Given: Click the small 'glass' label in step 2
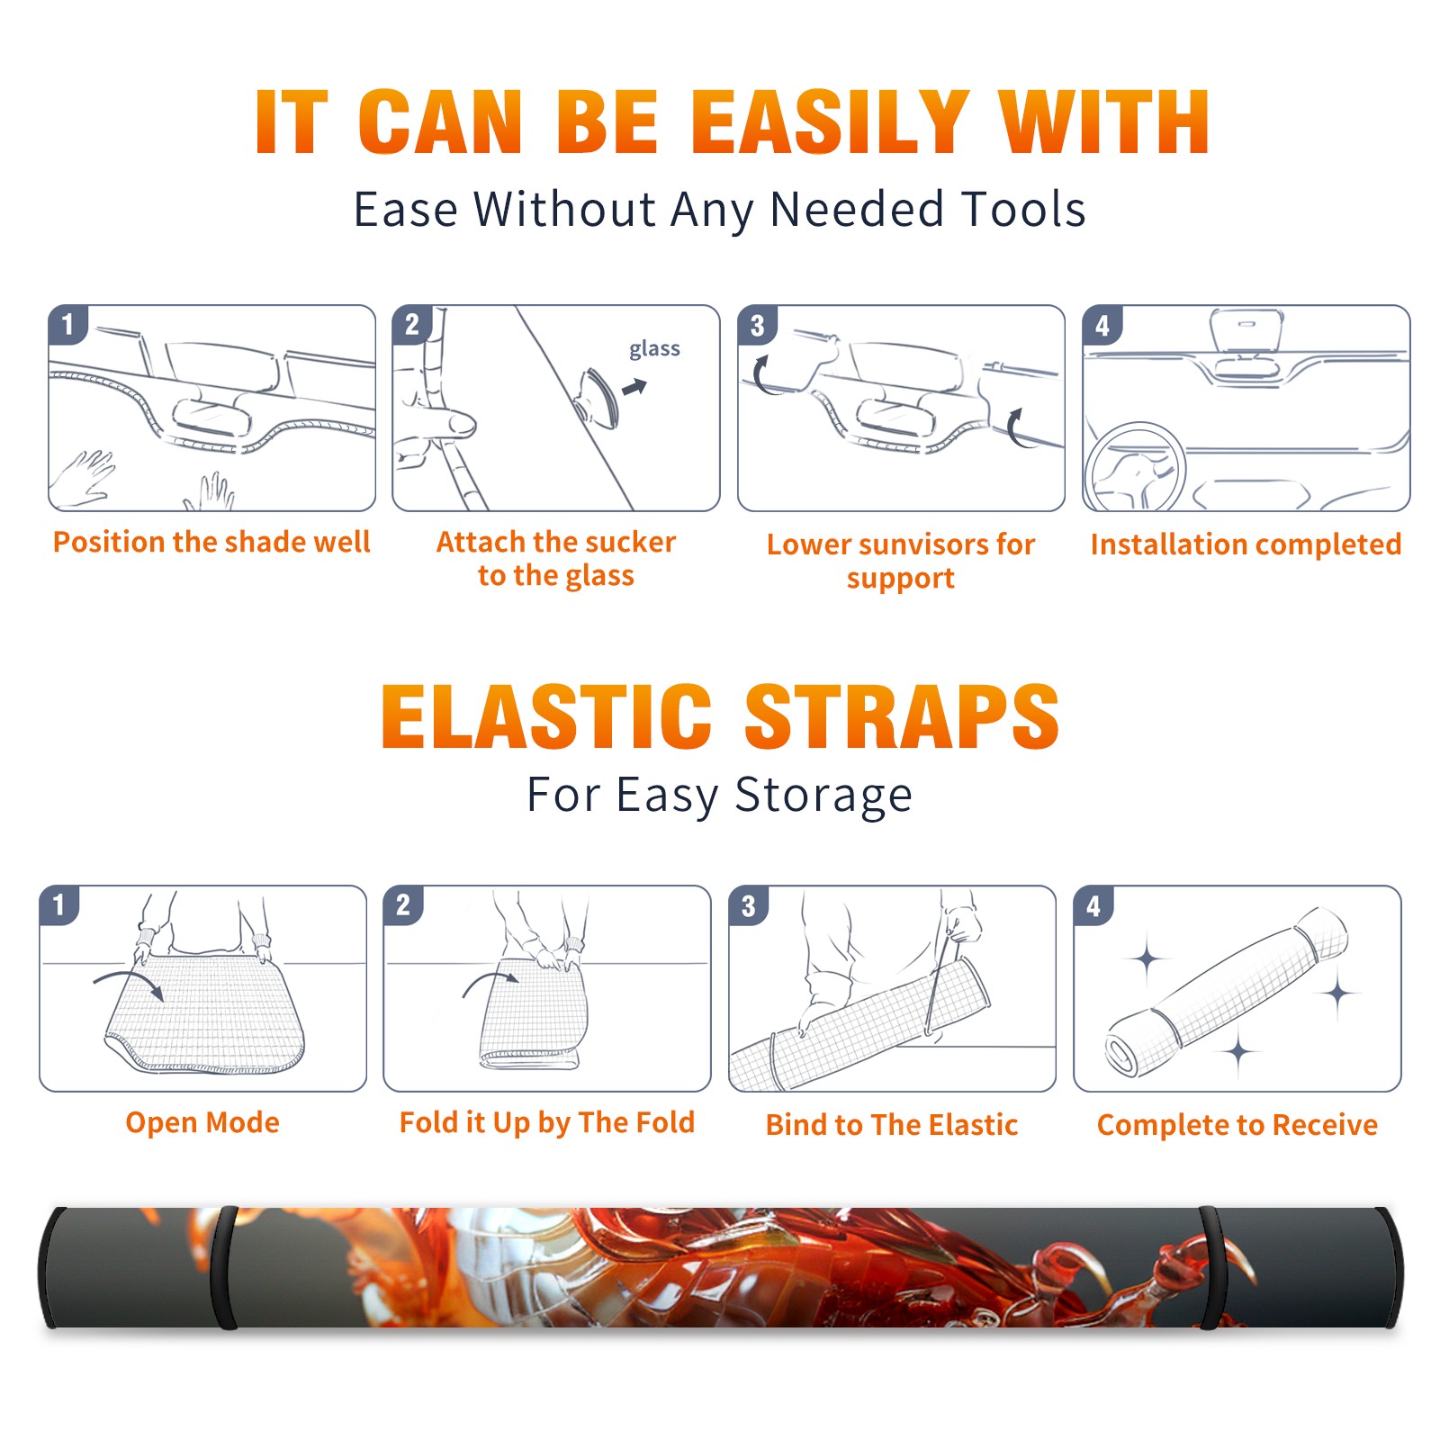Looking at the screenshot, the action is click(654, 349).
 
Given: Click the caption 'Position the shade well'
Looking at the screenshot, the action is click(211, 542).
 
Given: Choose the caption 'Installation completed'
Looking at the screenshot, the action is click(1246, 544).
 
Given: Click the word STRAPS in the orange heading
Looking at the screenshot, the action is click(902, 716).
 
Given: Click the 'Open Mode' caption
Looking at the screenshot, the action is click(202, 1122).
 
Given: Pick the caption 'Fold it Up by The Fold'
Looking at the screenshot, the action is click(547, 1122).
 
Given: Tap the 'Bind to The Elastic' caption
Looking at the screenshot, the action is click(892, 1125).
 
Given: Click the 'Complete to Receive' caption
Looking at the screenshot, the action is click(1237, 1125).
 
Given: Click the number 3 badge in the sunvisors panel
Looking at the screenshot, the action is click(758, 325).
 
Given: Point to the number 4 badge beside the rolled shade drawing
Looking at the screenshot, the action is click(1093, 905).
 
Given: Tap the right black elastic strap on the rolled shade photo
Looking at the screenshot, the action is click(1210, 1268).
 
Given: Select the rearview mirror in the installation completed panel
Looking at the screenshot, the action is click(1246, 329).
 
